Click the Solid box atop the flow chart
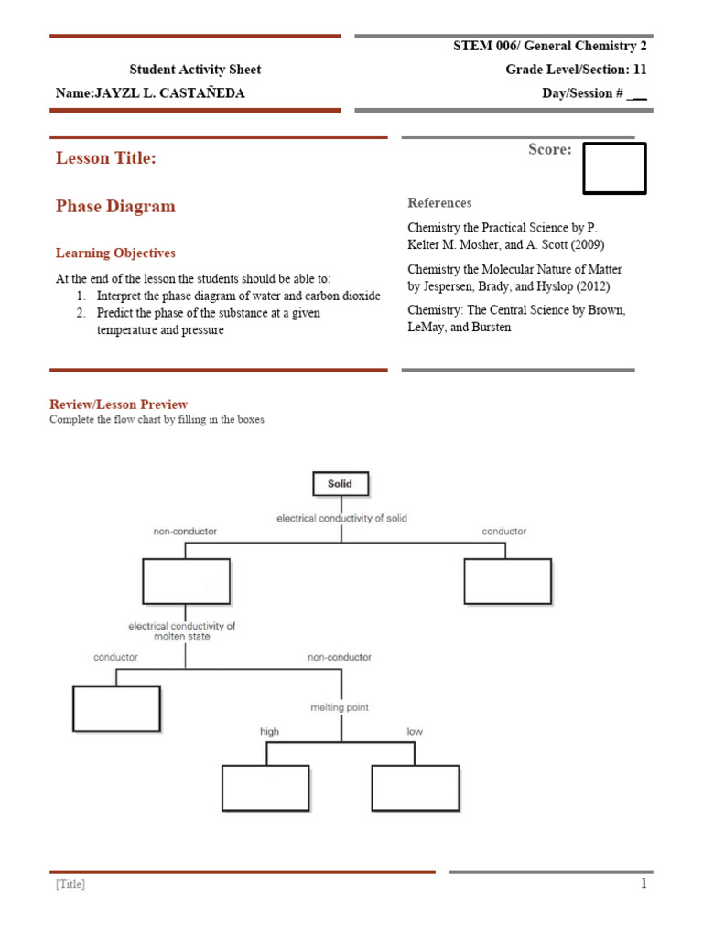click(x=340, y=483)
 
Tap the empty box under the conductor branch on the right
click(x=507, y=581)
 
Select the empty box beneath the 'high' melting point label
click(x=265, y=787)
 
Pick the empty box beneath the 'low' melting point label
click(x=415, y=787)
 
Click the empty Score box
click(x=614, y=168)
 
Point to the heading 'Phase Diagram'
click(x=115, y=207)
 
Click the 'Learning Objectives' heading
click(x=115, y=253)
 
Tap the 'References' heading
click(x=439, y=203)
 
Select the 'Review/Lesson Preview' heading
click(x=119, y=404)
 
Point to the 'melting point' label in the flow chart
click(x=340, y=707)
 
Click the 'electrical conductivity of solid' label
click(x=341, y=518)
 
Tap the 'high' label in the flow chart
click(x=270, y=732)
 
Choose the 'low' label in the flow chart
click(x=415, y=732)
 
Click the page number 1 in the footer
click(x=644, y=884)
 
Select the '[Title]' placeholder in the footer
click(x=70, y=885)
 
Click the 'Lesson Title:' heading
click(x=105, y=158)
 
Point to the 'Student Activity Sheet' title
click(x=195, y=70)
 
